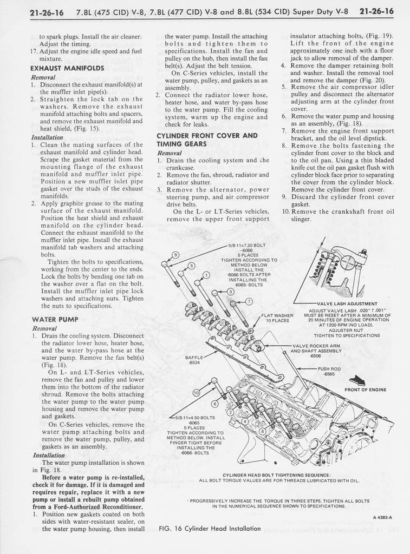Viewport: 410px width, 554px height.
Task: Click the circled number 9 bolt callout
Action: pos(175,255)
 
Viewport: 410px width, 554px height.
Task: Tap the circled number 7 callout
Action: pos(249,301)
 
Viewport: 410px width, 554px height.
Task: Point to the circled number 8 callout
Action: pos(263,432)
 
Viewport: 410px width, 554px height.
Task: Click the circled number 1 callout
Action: pos(205,275)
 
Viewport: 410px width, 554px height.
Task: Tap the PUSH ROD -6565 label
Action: pos(329,371)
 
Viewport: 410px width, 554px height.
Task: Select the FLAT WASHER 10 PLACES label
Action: pos(277,318)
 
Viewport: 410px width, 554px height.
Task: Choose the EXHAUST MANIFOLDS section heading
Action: pos(67,69)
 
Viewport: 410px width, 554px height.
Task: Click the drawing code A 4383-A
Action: pos(382,517)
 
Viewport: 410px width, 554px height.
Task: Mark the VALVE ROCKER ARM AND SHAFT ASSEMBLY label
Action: pos(316,351)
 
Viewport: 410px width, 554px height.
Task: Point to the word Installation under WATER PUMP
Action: pos(49,455)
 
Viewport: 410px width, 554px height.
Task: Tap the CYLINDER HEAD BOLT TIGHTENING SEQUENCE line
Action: pos(278,474)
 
